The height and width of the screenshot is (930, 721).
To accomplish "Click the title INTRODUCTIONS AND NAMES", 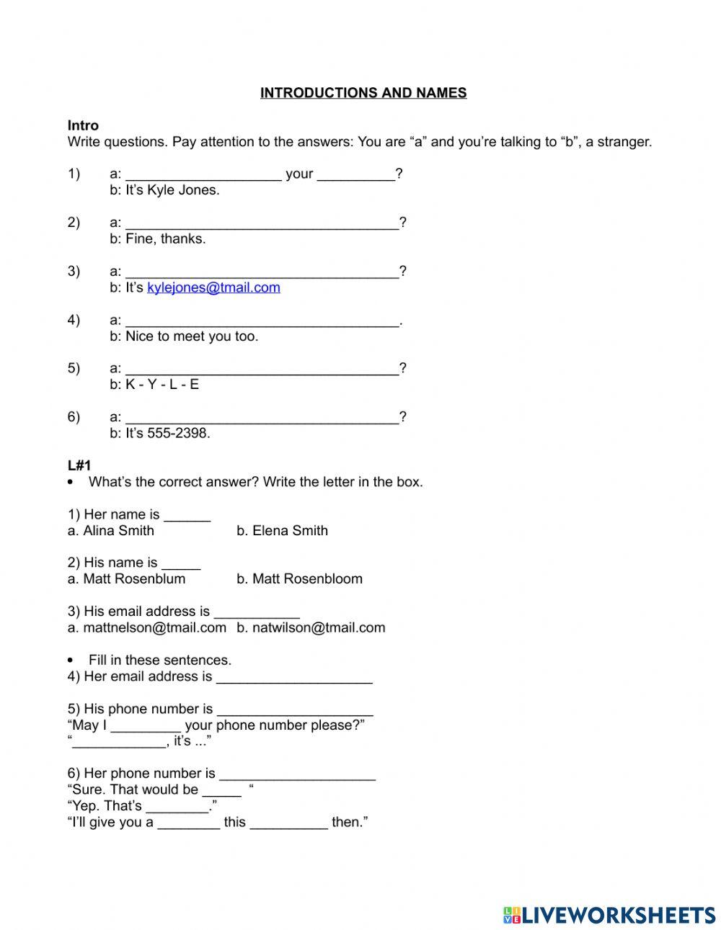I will click(363, 93).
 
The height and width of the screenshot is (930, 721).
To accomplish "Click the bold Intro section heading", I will click(83, 125).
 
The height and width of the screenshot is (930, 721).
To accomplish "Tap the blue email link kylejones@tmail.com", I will click(213, 287).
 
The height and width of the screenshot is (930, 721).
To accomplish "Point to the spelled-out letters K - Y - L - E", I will click(162, 385).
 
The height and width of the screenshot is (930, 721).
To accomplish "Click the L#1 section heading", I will click(79, 465).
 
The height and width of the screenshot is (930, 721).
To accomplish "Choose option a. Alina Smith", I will click(111, 531).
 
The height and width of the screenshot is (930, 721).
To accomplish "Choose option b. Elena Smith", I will click(282, 531).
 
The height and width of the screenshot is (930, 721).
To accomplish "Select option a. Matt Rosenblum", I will click(126, 579).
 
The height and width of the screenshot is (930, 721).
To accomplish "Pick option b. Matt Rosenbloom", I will click(299, 579).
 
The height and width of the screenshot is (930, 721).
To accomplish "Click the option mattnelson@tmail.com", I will click(147, 627).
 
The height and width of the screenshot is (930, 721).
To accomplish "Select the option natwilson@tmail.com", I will click(311, 627).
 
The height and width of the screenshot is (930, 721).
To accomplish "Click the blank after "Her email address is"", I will click(294, 677).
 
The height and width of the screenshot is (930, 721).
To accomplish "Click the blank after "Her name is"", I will click(187, 516).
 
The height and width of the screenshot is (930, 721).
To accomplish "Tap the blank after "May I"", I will click(146, 726).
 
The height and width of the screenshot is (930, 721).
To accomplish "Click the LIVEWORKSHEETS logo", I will click(609, 915).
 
